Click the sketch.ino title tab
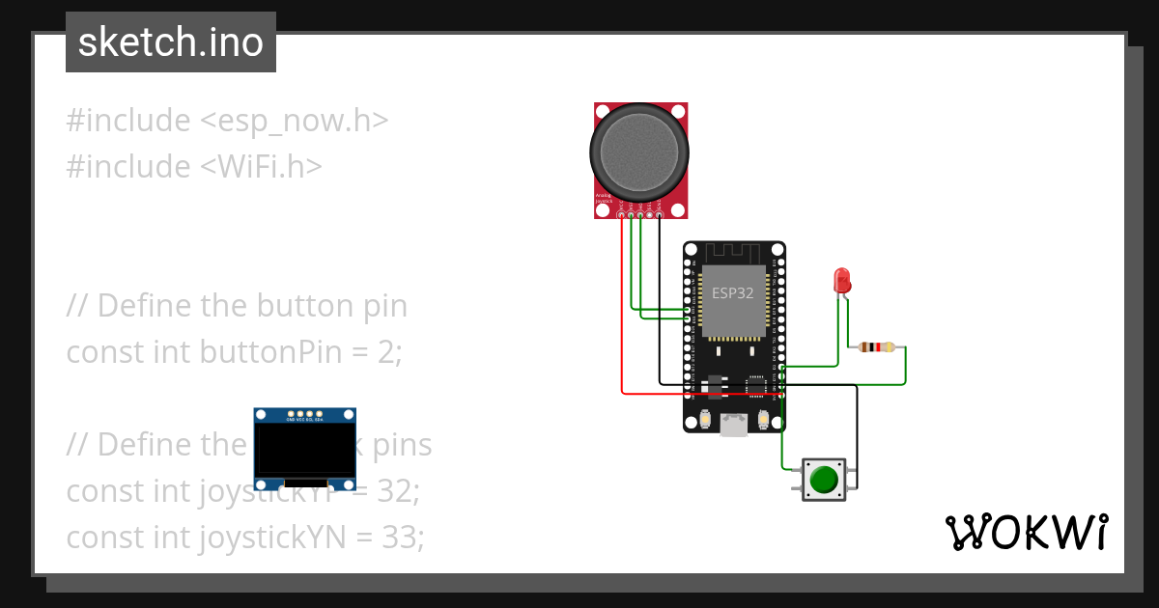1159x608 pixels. click(171, 42)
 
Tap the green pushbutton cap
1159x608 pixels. click(823, 479)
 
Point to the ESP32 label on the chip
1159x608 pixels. click(732, 293)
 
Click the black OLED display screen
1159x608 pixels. click(304, 450)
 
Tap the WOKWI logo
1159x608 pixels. click(1025, 532)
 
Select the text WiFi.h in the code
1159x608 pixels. click(261, 167)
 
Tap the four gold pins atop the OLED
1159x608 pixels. click(304, 411)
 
